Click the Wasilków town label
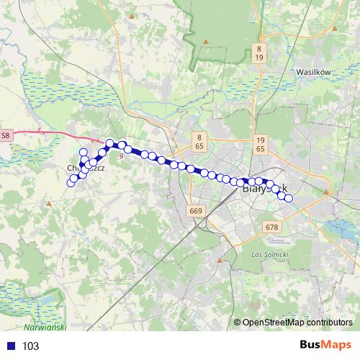(x=313, y=72)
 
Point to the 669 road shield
(x=194, y=211)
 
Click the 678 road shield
(x=271, y=227)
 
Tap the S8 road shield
(x=6, y=135)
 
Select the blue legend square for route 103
(x=10, y=346)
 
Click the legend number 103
(x=31, y=346)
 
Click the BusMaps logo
(x=325, y=345)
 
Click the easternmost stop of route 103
(x=289, y=198)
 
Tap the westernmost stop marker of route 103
(x=71, y=183)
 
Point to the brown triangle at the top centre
(x=205, y=41)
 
